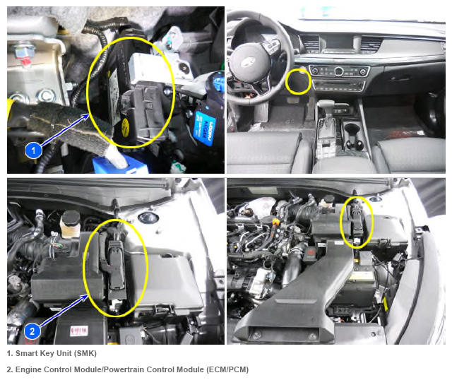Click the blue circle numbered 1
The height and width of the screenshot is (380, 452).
pyautogui.click(x=33, y=150)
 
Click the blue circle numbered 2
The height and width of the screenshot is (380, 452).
pyautogui.click(x=32, y=331)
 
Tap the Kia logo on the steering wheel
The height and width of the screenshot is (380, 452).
pyautogui.click(x=248, y=61)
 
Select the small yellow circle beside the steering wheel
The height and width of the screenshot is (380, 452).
pyautogui.click(x=299, y=81)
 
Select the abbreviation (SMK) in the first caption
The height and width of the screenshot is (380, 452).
pyautogui.click(x=85, y=353)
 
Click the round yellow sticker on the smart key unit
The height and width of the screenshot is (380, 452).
pyautogui.click(x=126, y=128)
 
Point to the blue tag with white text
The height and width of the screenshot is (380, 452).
pyautogui.click(x=205, y=128)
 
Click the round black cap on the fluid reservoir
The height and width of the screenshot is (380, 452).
pyautogui.click(x=70, y=218)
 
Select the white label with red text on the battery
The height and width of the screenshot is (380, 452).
pyautogui.click(x=78, y=331)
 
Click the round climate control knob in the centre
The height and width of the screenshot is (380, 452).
pyautogui.click(x=339, y=71)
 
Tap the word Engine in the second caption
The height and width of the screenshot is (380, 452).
pyautogui.click(x=28, y=370)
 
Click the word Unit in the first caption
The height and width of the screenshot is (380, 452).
pyautogui.click(x=64, y=353)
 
